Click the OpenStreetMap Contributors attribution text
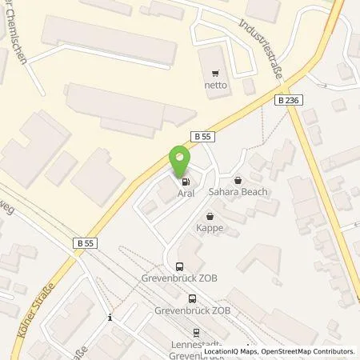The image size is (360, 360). pos(313,351)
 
